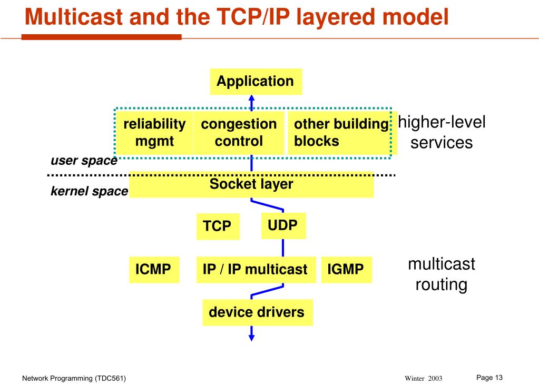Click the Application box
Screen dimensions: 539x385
(x=256, y=82)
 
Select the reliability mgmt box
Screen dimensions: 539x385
(x=154, y=133)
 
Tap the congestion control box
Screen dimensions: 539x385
(x=239, y=133)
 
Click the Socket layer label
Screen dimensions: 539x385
(x=251, y=184)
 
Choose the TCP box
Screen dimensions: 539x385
(x=218, y=226)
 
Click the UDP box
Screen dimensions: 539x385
(x=283, y=225)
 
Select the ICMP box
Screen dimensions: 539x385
(x=153, y=270)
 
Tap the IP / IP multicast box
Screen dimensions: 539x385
(x=256, y=270)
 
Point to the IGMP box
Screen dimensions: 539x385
(x=346, y=270)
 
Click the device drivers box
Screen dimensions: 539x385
(x=257, y=312)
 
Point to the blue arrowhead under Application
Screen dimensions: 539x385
(x=251, y=98)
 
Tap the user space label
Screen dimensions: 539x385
(x=83, y=161)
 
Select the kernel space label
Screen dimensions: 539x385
(x=89, y=192)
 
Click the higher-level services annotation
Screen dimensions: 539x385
(x=442, y=132)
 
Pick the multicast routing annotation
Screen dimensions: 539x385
(x=442, y=274)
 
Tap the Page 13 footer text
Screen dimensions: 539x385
(x=489, y=377)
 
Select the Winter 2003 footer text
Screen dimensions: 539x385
(x=423, y=379)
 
